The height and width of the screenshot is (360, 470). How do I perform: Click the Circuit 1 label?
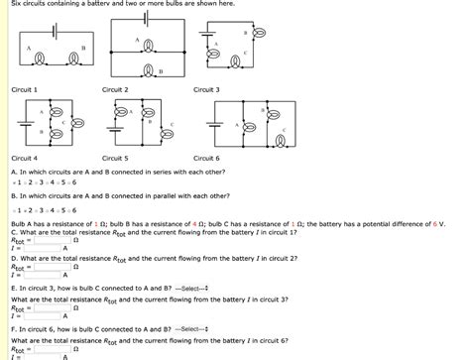pyautogui.click(x=24, y=89)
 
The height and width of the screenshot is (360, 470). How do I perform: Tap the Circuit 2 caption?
pyautogui.click(x=115, y=89)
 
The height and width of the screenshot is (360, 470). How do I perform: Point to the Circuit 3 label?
pyautogui.click(x=206, y=89)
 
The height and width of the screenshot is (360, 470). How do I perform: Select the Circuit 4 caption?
pyautogui.click(x=24, y=158)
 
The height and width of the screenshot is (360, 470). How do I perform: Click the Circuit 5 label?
pyautogui.click(x=115, y=158)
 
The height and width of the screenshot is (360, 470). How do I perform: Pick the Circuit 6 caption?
pyautogui.click(x=206, y=158)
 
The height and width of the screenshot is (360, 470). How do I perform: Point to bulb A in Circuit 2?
pyautogui.click(x=147, y=45)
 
